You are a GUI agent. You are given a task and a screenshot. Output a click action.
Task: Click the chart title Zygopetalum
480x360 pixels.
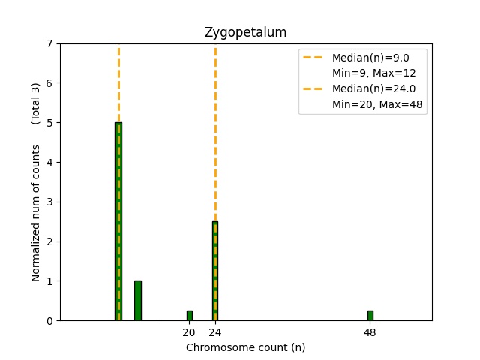point(245,33)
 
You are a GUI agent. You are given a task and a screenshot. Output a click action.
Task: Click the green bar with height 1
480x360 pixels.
point(138,301)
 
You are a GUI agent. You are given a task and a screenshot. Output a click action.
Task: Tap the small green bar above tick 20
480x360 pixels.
point(189,316)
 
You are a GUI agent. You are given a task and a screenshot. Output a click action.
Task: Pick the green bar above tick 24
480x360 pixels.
point(215,271)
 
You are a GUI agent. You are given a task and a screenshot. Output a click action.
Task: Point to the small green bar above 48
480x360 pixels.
point(370,316)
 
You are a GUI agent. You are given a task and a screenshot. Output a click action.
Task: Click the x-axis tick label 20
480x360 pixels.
point(189,332)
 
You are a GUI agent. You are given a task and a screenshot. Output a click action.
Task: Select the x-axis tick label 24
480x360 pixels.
point(215,332)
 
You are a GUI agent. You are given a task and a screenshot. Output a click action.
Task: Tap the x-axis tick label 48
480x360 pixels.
point(370,332)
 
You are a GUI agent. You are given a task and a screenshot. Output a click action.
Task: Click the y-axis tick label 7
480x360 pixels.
point(49,43)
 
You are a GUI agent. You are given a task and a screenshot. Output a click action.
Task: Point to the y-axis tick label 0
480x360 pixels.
point(49,321)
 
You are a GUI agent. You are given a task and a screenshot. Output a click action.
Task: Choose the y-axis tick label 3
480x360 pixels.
point(49,202)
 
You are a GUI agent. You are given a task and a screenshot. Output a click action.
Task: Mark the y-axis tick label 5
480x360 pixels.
point(49,123)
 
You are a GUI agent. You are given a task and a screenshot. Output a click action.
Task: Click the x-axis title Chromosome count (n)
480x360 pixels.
point(245,347)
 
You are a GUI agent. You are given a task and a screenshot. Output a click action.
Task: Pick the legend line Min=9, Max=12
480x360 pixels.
point(374,73)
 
